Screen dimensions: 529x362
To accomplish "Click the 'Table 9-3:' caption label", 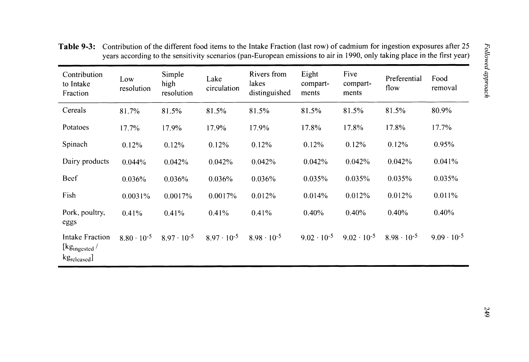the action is click(77, 47).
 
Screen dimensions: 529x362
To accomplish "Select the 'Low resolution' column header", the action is click(135, 84).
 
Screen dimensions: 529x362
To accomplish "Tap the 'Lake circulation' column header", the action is click(222, 83).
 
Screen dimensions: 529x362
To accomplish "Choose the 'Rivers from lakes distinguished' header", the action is click(270, 83).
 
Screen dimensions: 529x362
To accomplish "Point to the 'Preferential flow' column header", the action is click(403, 83).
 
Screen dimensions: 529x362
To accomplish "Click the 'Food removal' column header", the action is click(444, 83).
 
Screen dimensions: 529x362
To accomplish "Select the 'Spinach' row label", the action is click(75, 144).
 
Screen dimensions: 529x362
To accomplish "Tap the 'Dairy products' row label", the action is click(86, 161).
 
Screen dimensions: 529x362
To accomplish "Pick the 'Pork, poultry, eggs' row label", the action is click(84, 217).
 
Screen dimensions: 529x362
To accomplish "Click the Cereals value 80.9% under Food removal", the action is click(441, 111).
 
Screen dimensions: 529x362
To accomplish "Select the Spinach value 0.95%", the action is click(444, 144).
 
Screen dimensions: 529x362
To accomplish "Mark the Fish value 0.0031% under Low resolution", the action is click(136, 196).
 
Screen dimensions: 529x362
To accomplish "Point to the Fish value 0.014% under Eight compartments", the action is click(315, 196).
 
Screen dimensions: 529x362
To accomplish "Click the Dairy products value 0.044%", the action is click(134, 162).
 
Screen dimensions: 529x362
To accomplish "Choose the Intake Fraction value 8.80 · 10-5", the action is click(135, 237).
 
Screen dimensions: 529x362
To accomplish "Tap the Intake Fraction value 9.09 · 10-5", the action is click(447, 237).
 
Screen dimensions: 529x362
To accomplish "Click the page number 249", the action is click(487, 312).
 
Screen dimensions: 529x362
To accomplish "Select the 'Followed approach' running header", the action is click(487, 70).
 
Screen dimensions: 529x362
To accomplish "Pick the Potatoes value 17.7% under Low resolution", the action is click(130, 128).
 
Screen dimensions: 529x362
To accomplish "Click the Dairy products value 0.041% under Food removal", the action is click(446, 162).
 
